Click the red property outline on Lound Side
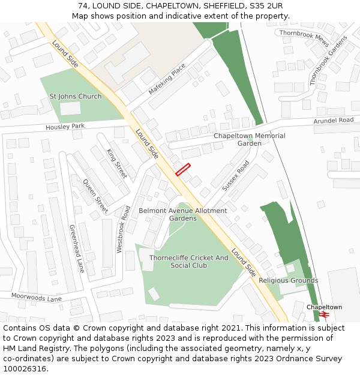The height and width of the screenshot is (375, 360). pos(183,169)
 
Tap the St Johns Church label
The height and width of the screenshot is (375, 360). pos(76,96)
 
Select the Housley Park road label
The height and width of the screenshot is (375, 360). pos(65,127)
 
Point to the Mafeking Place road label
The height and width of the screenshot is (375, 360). pos(167,81)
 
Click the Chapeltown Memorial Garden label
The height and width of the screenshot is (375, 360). pos(250,139)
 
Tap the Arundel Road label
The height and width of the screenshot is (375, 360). pos(334,121)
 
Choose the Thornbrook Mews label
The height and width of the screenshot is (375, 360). pos(304,38)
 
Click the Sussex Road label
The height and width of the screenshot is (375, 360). pos(235,175)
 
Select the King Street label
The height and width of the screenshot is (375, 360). pos(117,163)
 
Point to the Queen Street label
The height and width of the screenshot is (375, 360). pos(95,196)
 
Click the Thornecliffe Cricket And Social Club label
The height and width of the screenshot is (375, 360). pos(188,262)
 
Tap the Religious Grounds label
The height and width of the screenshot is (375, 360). pos(288,280)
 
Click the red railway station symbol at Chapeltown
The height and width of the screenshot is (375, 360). pos(324,314)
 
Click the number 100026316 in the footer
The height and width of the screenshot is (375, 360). pos(23,368)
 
